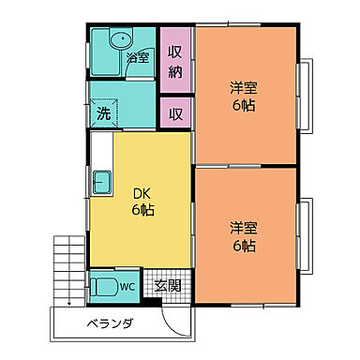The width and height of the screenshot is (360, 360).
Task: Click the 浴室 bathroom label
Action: (x=139, y=57)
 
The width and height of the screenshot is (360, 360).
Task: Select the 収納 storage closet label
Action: (x=175, y=61)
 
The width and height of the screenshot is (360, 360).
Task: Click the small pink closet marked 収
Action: (x=175, y=113)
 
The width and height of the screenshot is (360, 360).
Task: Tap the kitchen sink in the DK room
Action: (x=101, y=180)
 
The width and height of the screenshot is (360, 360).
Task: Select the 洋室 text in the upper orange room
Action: (x=246, y=88)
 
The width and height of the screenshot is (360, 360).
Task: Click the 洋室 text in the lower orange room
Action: (x=246, y=228)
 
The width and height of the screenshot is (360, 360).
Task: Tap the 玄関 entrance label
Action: (x=168, y=285)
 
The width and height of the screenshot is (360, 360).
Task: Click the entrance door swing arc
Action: (x=177, y=318)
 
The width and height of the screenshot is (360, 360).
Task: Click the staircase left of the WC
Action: (x=69, y=267)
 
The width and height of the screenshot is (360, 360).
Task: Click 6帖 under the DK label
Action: (x=142, y=210)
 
